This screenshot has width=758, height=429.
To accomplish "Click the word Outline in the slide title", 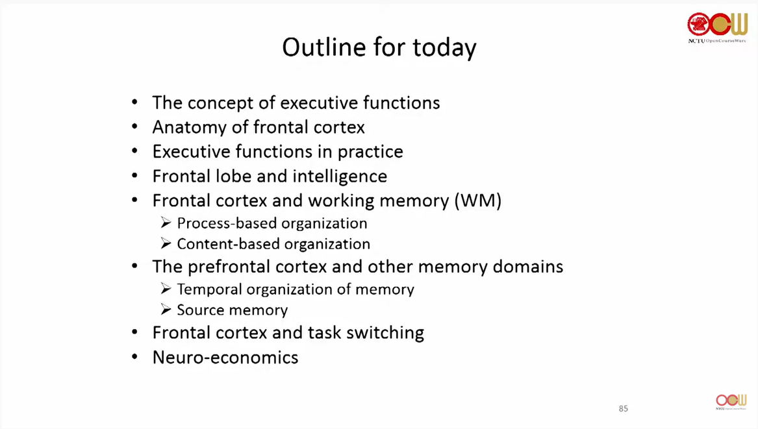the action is pos(324,47).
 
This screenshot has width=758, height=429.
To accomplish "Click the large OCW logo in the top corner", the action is pos(717,27).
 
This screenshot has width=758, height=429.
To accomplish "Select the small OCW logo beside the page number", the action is pos(731,402).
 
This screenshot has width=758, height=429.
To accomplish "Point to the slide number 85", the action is pos(623,409).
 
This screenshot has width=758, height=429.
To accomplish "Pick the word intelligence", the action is pos(340,177).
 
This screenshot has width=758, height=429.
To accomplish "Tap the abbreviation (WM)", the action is pos(477,201).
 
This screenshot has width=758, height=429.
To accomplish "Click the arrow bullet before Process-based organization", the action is pos(166,223).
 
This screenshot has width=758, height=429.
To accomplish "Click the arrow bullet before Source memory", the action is pos(166,309).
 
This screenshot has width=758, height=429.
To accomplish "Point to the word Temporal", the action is pos(209,289).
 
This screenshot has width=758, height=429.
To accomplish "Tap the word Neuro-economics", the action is pos(225,358).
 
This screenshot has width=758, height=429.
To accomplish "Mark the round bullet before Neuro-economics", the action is pos(135,357).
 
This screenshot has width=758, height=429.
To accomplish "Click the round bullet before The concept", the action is pos(135,103).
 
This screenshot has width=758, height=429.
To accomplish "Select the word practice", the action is pos(370,152).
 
